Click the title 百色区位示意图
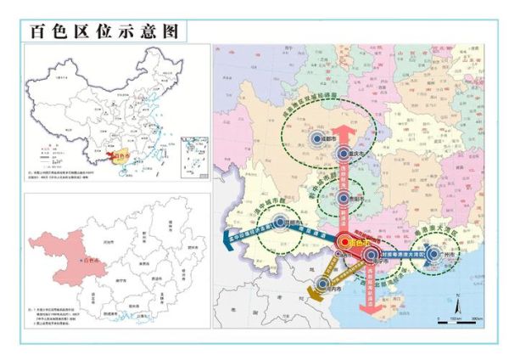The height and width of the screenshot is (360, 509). (x=105, y=31)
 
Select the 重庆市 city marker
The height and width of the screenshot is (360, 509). (x=343, y=154)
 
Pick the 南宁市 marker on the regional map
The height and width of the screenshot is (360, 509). (x=370, y=255)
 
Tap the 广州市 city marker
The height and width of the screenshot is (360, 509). (x=433, y=253)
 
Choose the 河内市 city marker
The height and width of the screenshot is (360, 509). (x=322, y=285)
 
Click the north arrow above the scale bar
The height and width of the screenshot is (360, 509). (x=458, y=300)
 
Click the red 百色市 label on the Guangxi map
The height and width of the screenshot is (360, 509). (x=89, y=259)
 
